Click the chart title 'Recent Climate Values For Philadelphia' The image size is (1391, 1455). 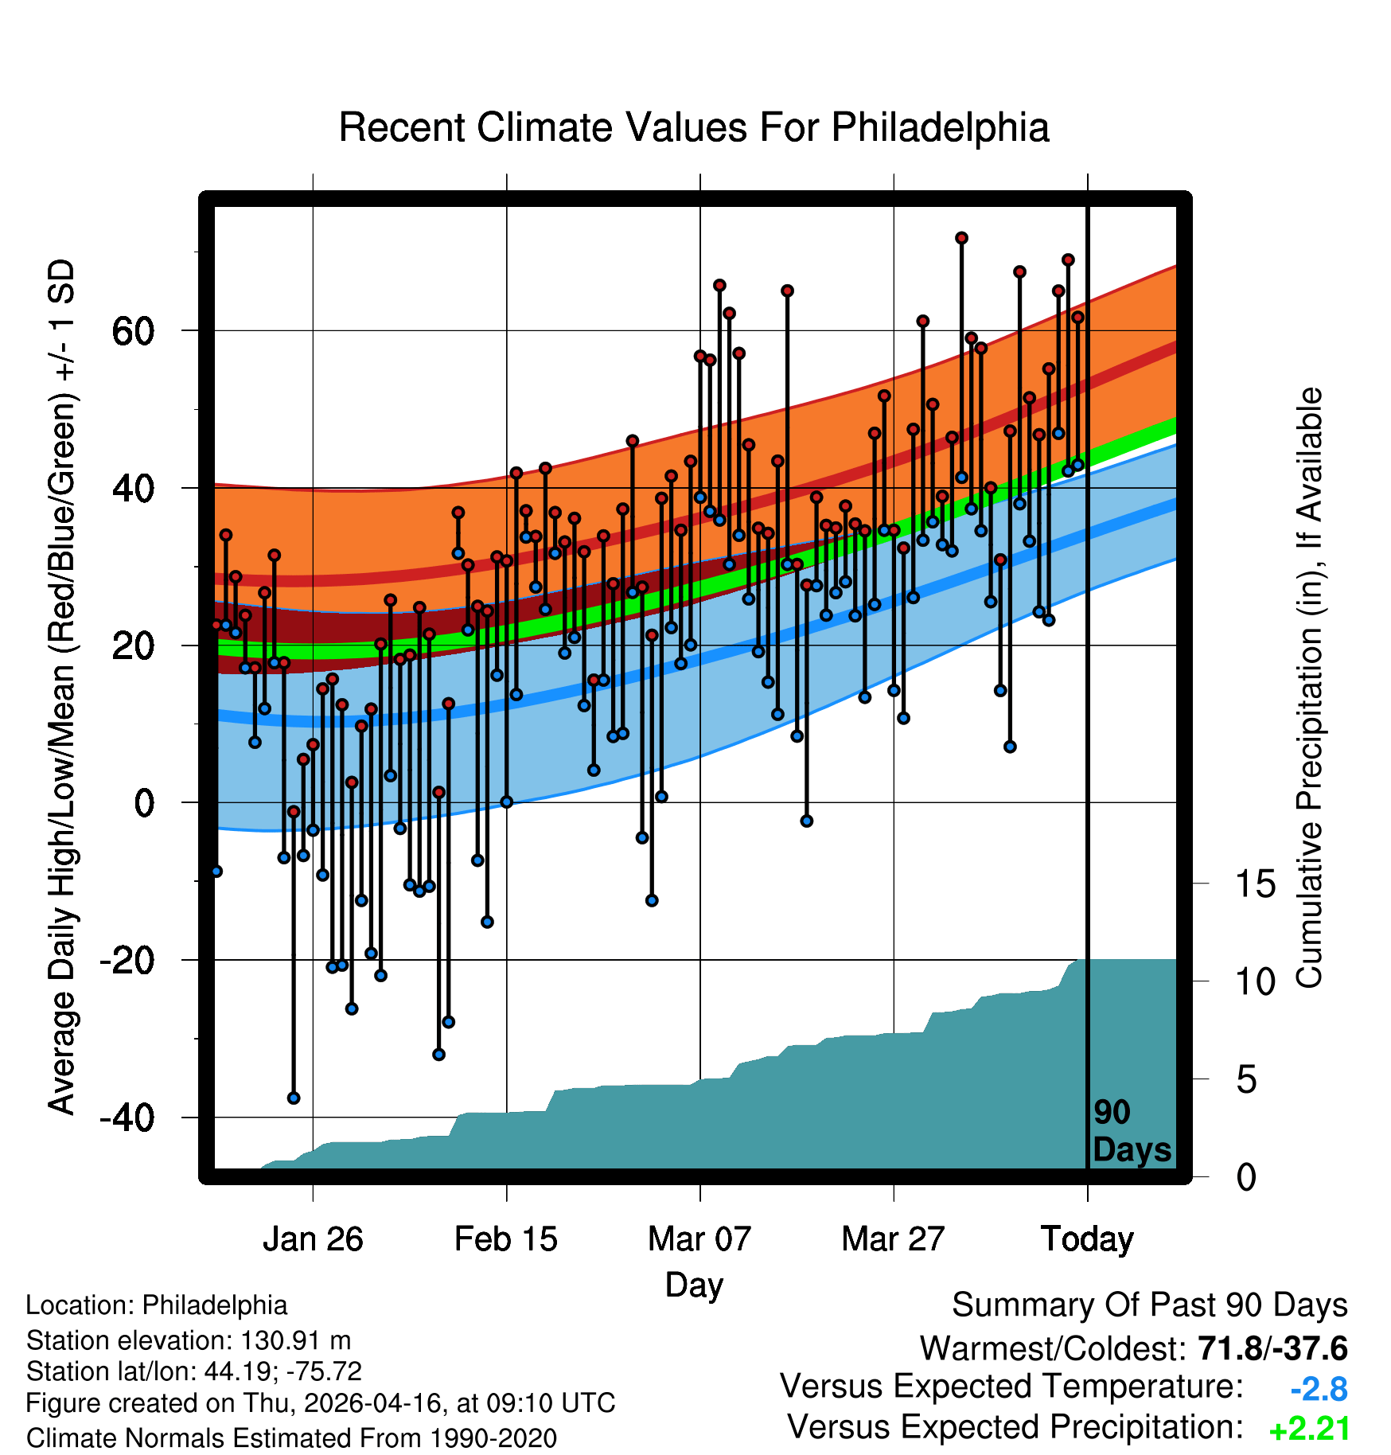[694, 127]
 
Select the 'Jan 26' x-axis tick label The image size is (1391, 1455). [313, 1239]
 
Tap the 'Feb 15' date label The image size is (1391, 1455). [506, 1239]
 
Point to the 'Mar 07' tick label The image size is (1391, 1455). [699, 1239]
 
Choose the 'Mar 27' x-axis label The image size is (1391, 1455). [893, 1239]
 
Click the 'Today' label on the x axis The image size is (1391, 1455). [1087, 1239]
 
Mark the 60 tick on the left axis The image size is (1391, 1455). [133, 330]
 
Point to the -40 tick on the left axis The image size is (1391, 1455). [127, 1118]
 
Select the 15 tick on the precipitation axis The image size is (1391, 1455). [1256, 884]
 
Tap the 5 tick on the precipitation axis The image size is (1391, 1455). [1247, 1079]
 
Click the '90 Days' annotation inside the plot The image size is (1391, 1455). [1132, 1131]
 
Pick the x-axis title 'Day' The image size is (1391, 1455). [694, 1285]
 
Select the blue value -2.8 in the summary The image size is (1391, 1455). [1319, 1390]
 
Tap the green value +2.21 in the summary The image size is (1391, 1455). [1309, 1430]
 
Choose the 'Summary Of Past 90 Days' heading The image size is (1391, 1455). [1150, 1305]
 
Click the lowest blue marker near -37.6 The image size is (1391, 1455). [294, 1098]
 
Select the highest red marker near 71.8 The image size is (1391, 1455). [961, 238]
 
